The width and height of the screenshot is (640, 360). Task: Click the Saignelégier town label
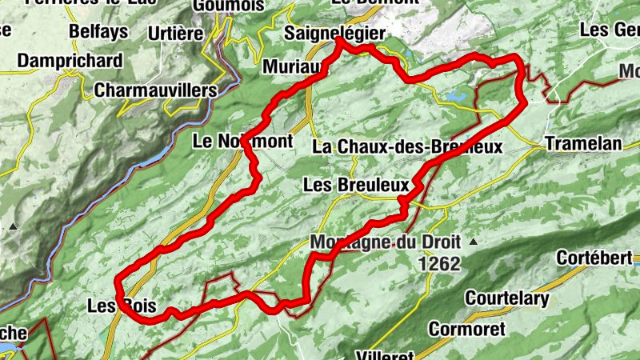[x=335, y=34]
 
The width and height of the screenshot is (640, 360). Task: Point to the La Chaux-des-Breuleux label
[x=407, y=146]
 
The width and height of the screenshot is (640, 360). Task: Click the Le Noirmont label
[x=243, y=142]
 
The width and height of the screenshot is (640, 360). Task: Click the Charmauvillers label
[x=155, y=90]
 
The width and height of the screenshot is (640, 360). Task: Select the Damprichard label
[x=70, y=61]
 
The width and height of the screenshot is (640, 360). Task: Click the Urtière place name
[x=177, y=34]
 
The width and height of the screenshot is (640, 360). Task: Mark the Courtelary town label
[x=507, y=300]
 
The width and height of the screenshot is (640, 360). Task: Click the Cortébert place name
[x=595, y=258]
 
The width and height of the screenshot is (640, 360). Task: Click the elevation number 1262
[x=439, y=262]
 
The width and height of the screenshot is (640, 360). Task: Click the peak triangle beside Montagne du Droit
[x=474, y=241]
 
